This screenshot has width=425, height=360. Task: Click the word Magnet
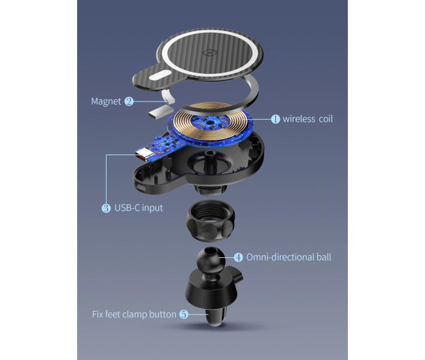[106, 101]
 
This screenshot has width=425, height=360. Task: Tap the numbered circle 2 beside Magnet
[129, 101]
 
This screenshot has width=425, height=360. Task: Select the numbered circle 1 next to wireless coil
[275, 119]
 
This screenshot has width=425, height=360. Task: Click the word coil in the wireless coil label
[326, 119]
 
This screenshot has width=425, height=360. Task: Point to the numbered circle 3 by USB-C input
[106, 208]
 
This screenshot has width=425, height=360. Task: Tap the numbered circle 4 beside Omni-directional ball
[238, 257]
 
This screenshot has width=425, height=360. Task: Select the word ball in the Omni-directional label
[324, 257]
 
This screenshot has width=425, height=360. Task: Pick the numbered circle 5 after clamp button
[184, 314]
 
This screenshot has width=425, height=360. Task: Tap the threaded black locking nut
[211, 221]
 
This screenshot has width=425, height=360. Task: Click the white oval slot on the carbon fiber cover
[160, 75]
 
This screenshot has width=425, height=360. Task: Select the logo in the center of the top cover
[210, 52]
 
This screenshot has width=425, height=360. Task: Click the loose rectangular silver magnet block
[161, 113]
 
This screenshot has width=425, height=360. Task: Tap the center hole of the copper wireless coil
[209, 123]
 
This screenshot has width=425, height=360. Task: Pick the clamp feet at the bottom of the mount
[218, 315]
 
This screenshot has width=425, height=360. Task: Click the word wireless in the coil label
[299, 119]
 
